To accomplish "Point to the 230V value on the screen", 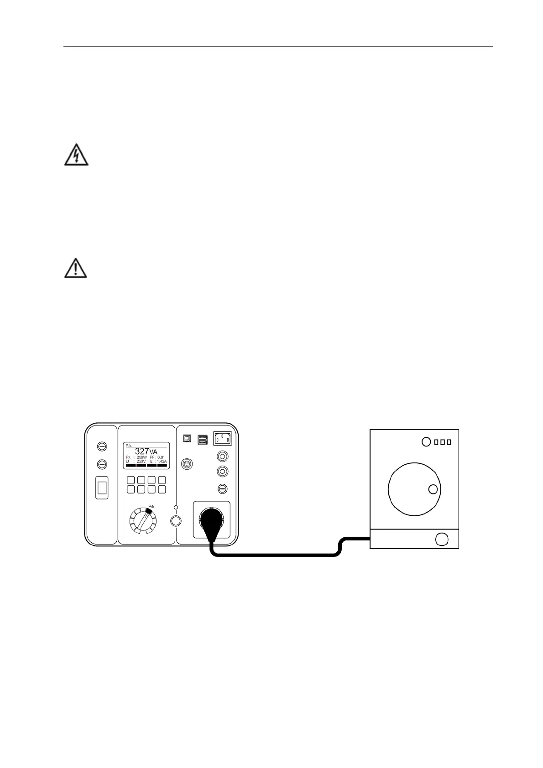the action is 141,462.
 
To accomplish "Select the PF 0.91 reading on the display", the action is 157,457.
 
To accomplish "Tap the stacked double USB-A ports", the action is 203,440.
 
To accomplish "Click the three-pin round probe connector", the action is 187,463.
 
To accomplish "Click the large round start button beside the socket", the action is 176,521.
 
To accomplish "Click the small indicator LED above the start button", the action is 176,507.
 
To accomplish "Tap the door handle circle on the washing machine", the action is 433,490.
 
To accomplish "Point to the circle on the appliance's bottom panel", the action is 441,539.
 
